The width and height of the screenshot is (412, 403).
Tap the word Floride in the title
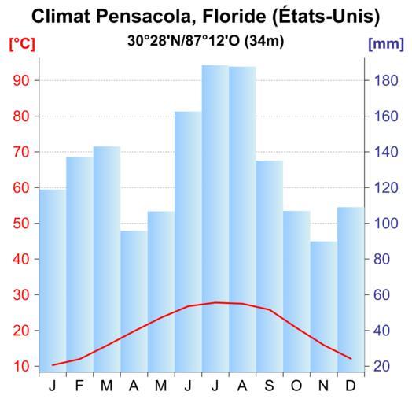234,17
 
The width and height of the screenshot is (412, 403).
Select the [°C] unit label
22,44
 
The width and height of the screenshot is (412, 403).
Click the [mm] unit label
386,44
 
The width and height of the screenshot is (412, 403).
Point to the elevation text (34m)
264,41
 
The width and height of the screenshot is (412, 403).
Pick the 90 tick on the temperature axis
21,80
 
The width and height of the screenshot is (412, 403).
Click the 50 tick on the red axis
21,224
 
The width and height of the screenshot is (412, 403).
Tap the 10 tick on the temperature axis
21,366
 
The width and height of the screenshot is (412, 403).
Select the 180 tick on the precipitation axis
386,80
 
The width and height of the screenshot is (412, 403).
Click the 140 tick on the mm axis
386,152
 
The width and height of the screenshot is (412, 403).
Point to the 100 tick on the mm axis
386,224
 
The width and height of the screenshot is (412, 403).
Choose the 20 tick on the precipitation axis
382,366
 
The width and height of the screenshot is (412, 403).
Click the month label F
79,386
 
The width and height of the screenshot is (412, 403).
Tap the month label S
269,386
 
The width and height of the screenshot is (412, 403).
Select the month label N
323,386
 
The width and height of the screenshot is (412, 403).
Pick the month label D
351,386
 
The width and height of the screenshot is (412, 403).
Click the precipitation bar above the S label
270,266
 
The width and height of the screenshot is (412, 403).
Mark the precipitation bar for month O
296,291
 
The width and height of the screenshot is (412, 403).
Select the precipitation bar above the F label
79,264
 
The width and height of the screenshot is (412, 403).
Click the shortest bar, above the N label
324,307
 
